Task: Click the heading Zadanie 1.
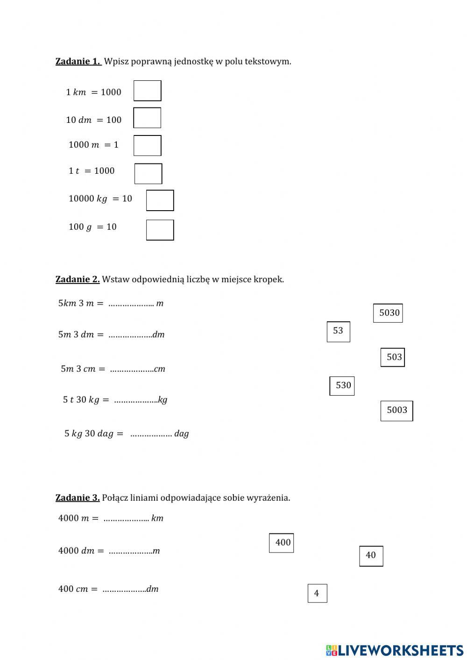pos(78,61)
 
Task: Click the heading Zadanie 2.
pos(78,279)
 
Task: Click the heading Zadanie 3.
pos(78,497)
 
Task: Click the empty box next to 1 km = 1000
pos(148,91)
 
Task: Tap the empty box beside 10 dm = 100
pos(147,118)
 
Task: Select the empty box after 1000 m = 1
pos(148,146)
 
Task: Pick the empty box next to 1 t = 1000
pos(149,174)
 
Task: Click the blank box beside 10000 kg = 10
pos(160,200)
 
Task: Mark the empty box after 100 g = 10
pos(160,230)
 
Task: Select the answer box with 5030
pos(388,313)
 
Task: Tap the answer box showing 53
pos(339,332)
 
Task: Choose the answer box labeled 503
pos(393,357)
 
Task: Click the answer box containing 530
pos(342,386)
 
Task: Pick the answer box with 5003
pos(397,411)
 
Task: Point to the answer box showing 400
pos(282,543)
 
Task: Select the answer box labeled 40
pos(371,556)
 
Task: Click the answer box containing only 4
pos(317,593)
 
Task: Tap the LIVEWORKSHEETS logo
pos(395,650)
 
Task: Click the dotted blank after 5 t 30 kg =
pos(136,400)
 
